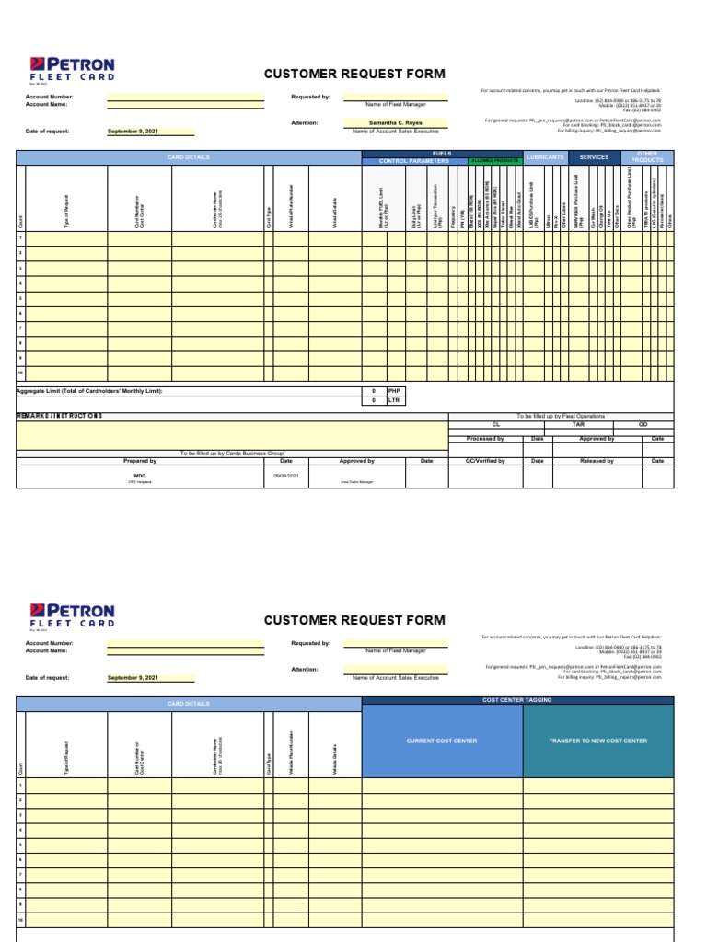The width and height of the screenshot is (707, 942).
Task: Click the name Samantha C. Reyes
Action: (x=395, y=122)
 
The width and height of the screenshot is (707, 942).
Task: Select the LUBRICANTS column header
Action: (x=544, y=157)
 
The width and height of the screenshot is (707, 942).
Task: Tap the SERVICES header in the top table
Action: (x=594, y=157)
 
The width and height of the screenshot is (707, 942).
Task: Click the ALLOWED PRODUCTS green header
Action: (x=495, y=161)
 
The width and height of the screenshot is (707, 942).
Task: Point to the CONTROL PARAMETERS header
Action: (x=414, y=161)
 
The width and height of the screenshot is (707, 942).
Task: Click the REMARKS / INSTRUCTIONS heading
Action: (x=60, y=416)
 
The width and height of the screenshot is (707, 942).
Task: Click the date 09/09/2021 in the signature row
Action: (x=285, y=477)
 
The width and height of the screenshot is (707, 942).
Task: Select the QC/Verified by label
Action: (x=485, y=460)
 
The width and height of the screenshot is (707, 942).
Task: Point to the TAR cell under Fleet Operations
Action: (x=578, y=425)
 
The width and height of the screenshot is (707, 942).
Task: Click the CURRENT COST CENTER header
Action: (x=442, y=741)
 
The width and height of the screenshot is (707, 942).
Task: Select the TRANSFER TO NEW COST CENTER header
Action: (x=597, y=741)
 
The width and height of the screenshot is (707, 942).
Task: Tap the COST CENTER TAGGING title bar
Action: (x=517, y=700)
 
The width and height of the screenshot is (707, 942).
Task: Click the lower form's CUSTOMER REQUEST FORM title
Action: (x=353, y=620)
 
